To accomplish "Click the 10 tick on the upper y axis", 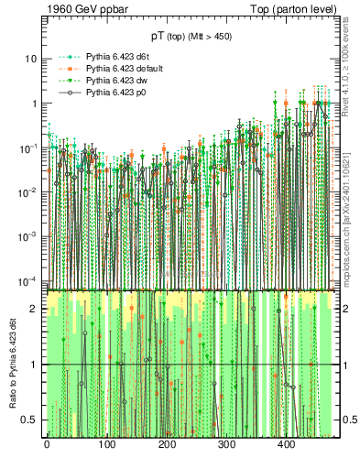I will (x=30, y=59).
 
